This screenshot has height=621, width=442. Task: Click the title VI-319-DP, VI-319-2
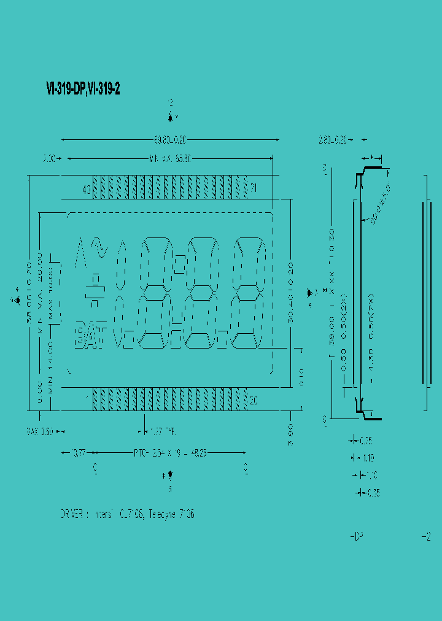point(83,89)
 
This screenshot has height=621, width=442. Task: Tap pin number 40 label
point(86,190)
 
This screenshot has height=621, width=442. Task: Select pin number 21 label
point(254,188)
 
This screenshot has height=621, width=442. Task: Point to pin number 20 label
point(254,400)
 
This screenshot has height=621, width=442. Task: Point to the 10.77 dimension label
point(78,453)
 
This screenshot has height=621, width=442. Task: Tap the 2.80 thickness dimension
point(333,140)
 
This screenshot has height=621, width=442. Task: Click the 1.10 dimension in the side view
point(368,458)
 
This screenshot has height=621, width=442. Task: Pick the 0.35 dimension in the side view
point(373,492)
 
